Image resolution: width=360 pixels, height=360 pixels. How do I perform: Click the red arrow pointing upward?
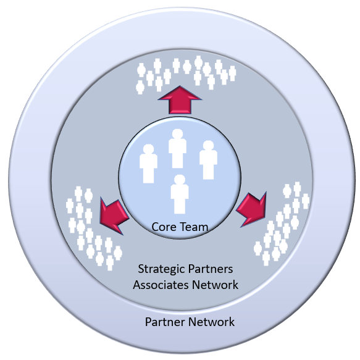coord(180,101)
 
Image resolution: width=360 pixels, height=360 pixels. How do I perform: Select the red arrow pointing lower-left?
coord(114,216)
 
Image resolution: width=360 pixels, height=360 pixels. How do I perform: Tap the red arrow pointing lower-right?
coord(252,209)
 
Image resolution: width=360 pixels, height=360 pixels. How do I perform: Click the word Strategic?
coord(161,269)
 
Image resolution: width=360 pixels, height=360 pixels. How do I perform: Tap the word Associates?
coord(161,285)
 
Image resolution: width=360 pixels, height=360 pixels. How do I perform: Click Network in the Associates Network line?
coord(215,285)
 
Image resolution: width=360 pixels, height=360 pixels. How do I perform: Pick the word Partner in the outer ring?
coord(164,322)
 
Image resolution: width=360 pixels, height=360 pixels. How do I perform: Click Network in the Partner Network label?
coord(211,322)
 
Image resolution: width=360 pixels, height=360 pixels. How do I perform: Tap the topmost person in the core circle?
coord(177,149)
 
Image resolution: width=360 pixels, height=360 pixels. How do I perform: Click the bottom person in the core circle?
coord(180,195)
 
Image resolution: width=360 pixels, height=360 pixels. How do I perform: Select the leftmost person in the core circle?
coord(148,164)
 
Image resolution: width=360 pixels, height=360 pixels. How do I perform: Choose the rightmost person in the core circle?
coord(209,160)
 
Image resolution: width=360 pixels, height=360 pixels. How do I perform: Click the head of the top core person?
coord(177,134)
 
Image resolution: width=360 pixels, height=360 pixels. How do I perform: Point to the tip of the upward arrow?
coord(180,86)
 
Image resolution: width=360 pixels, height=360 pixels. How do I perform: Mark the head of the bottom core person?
coord(180,180)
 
